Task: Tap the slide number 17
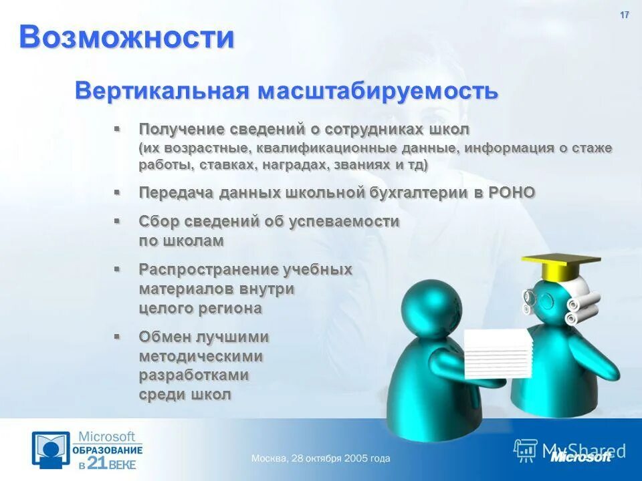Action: click(625, 15)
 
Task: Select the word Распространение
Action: click(208, 269)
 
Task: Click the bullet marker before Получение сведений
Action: click(117, 128)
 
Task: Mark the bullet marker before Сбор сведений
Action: click(117, 220)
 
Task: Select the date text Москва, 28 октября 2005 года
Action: click(320, 459)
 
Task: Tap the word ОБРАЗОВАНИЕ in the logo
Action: click(108, 450)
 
